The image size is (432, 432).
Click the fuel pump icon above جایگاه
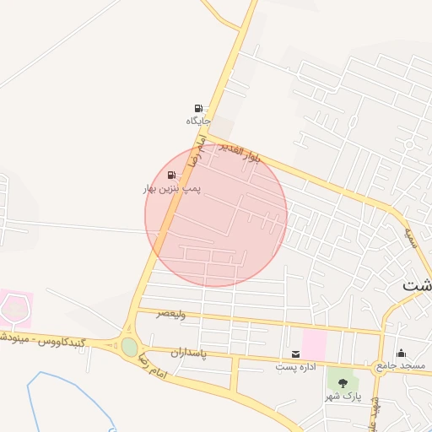[198, 108]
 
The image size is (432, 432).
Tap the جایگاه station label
[197, 121]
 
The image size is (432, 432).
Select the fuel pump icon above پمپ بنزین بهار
[171, 175]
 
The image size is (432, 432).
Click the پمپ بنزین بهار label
[172, 189]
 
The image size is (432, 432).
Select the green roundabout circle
[129, 347]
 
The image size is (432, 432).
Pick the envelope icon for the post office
[295, 354]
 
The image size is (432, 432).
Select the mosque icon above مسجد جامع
[400, 353]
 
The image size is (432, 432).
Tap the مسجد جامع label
[402, 366]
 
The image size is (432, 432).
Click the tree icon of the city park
[342, 383]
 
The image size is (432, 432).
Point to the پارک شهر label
[343, 396]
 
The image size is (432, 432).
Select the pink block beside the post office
[314, 343]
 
